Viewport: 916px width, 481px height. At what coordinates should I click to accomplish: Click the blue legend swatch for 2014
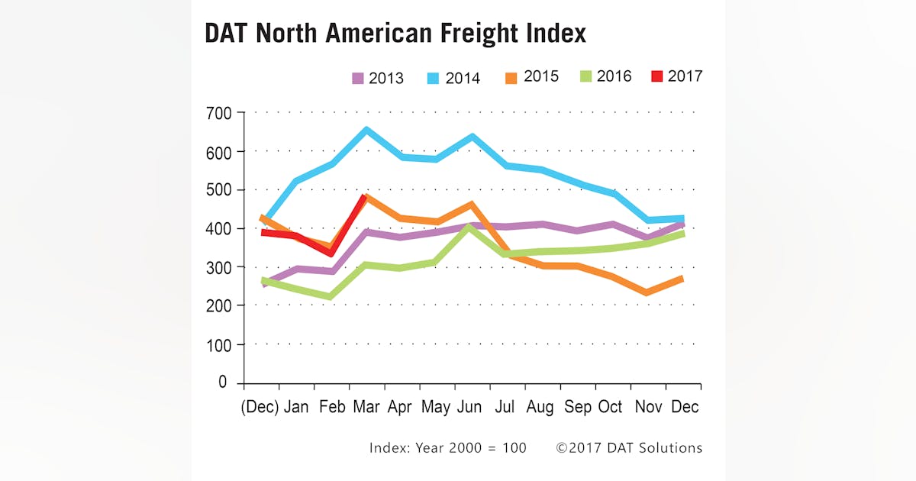coord(432,78)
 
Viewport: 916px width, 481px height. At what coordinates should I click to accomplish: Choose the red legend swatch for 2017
coord(656,76)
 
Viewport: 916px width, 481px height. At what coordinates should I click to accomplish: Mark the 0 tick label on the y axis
coord(222,383)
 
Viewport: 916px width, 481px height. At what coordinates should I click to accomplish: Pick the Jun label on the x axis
coord(469,407)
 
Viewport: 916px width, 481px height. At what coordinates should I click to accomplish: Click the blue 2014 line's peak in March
coord(367,131)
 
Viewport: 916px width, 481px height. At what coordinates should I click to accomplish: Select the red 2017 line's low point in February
coord(331,253)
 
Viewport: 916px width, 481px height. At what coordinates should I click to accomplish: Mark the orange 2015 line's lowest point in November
coord(647,292)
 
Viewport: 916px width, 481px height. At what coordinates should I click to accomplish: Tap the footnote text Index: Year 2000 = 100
coord(447,447)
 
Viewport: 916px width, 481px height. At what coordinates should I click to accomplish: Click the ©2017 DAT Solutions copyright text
coord(628,447)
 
